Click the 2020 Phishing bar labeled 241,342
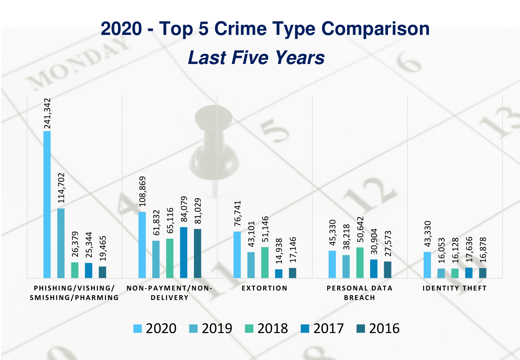tap(47, 204)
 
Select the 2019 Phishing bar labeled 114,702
tap(61, 243)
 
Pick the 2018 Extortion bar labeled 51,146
tap(265, 262)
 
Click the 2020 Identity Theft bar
tap(427, 265)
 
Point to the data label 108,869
tap(143, 191)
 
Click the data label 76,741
tap(238, 213)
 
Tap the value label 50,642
tap(360, 230)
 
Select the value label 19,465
tap(103, 248)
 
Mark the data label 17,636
tap(469, 249)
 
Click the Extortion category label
tap(265, 288)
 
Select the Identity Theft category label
tap(455, 288)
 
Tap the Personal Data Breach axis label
tap(359, 293)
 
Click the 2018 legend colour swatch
tap(249, 328)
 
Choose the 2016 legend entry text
tap(384, 328)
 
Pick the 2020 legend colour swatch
tap(138, 328)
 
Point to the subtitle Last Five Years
tap(256, 57)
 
